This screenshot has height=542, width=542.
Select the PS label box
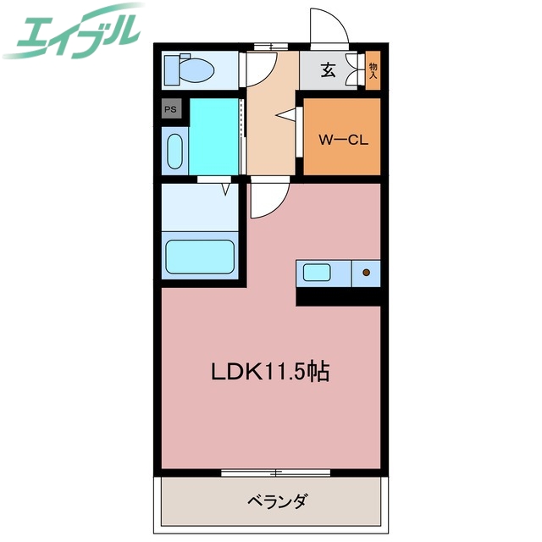pos(171,108)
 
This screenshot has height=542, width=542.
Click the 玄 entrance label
pos(328,70)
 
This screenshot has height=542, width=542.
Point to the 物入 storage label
pos(373,69)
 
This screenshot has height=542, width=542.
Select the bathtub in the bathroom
pos(200,255)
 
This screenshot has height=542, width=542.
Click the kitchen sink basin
pos(318,273)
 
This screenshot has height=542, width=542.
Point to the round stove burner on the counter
pos(367,273)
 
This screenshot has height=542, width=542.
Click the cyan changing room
pos(214,135)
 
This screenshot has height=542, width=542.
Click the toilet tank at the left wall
pos(169,69)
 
